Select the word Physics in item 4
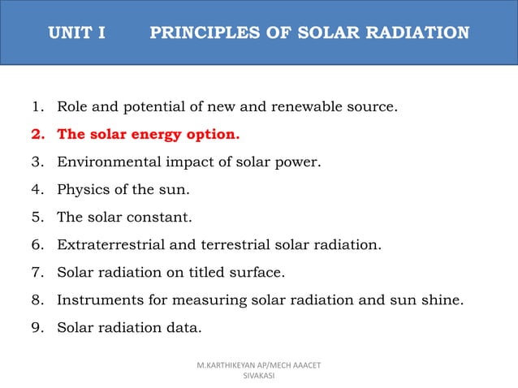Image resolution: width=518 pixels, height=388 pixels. tap(81, 189)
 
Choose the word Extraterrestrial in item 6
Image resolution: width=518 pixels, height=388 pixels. tap(110, 244)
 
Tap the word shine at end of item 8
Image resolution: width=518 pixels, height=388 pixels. tap(442, 300)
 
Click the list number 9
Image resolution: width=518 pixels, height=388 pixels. tap(37, 327)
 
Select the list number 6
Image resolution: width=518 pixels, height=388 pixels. tap(37, 244)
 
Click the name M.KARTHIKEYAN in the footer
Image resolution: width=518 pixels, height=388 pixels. tap(232, 366)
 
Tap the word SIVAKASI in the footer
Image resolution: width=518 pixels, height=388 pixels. tap(259, 377)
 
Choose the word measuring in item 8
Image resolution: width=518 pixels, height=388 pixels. tap(205, 300)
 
